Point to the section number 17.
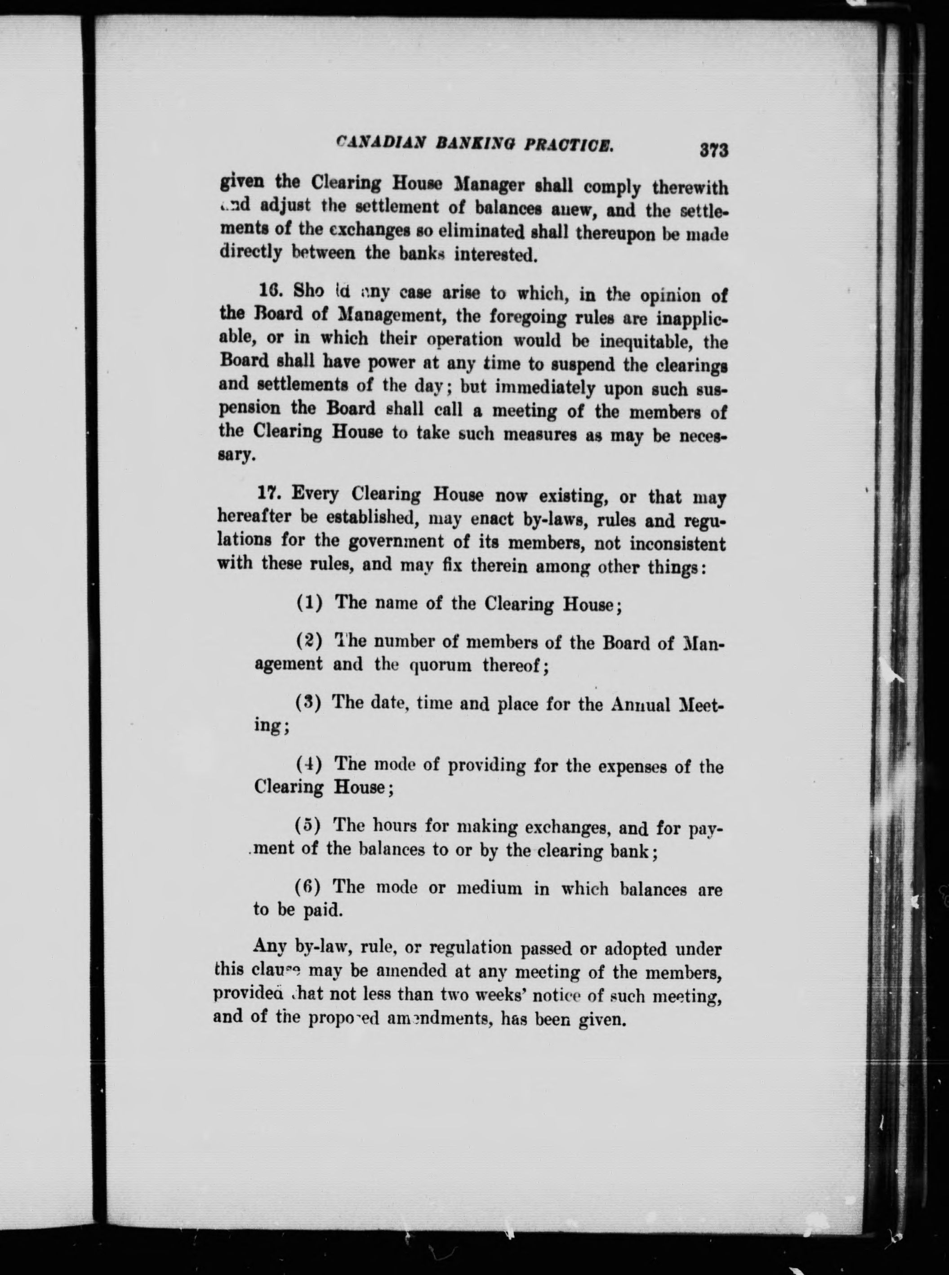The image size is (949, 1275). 269,493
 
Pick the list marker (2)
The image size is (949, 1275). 309,639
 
